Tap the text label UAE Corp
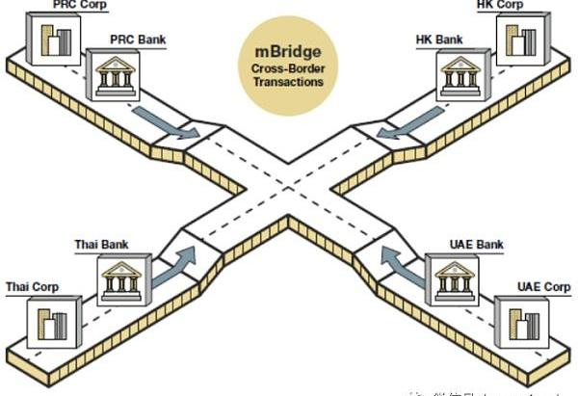(543, 287)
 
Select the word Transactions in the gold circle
(289, 82)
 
